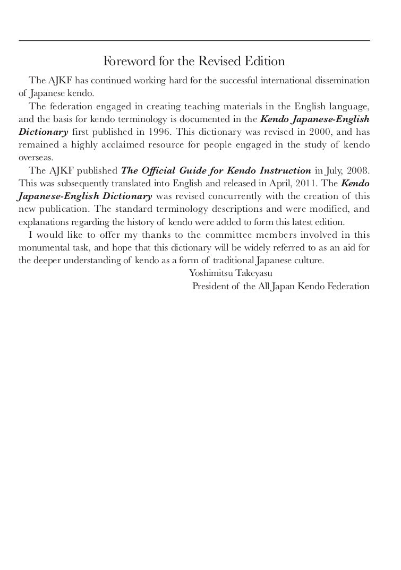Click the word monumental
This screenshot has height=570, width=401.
[43, 248]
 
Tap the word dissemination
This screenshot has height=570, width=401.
[342, 80]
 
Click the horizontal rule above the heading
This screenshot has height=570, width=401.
[194, 41]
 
